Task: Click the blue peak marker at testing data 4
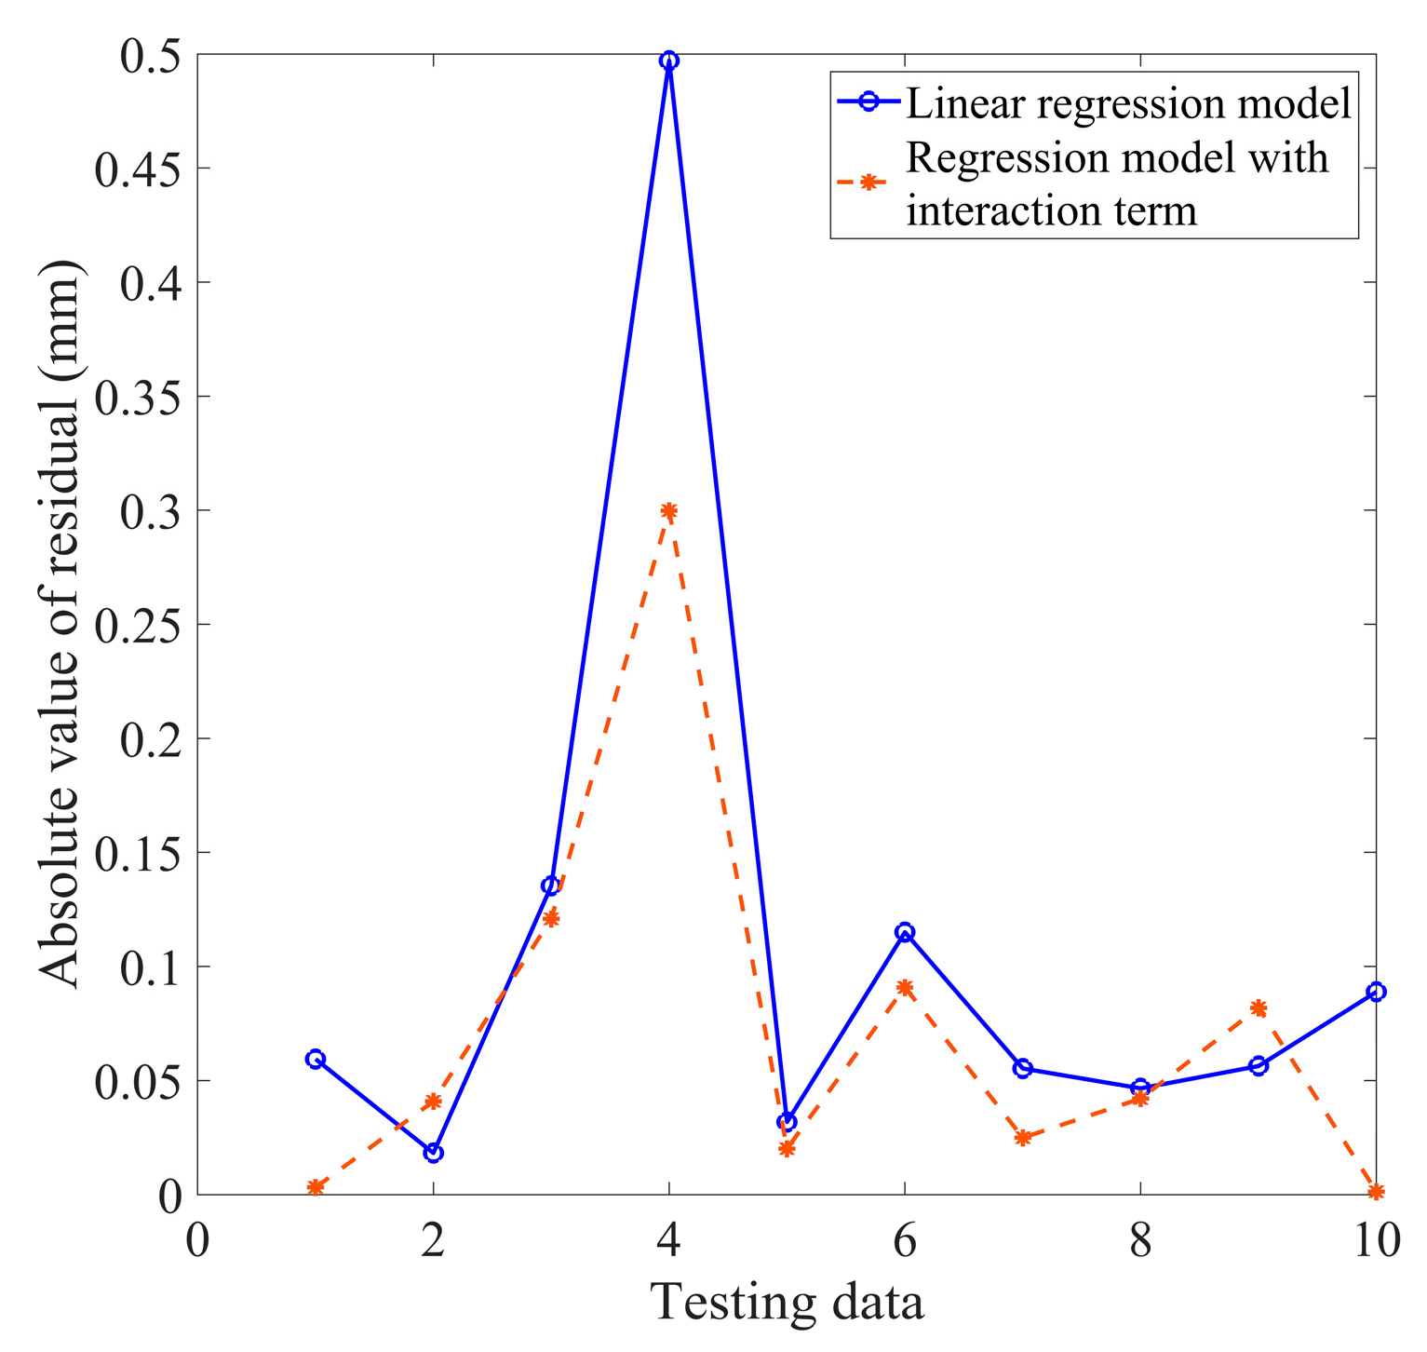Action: coord(668,61)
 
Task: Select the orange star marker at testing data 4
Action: coord(668,510)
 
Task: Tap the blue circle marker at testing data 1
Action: coord(315,1059)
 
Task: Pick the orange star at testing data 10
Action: coord(1376,1192)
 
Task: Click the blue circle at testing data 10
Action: coord(1376,992)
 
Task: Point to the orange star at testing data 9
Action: coord(1259,1007)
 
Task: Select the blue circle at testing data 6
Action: coord(905,932)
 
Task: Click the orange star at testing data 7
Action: coord(1022,1138)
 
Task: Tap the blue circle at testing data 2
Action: coord(433,1153)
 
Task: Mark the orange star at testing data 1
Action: coord(315,1187)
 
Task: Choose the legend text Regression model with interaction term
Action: coord(1117,184)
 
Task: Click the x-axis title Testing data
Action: coord(787,1302)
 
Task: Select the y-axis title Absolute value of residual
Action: coord(62,624)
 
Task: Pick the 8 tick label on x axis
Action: coord(1140,1241)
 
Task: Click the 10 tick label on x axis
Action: coord(1374,1241)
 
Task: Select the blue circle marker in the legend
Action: coord(868,103)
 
